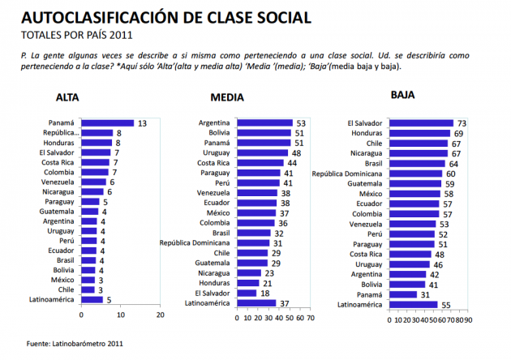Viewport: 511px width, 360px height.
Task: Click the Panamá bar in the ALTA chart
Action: click(108, 123)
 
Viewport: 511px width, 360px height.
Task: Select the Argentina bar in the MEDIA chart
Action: click(263, 123)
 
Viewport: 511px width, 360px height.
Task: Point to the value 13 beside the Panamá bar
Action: click(141, 123)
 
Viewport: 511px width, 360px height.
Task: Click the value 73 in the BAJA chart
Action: click(460, 123)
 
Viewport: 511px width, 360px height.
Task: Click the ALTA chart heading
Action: click(67, 98)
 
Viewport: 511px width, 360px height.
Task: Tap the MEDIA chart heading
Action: click(226, 98)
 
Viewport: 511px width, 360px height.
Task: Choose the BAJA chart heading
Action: click(402, 95)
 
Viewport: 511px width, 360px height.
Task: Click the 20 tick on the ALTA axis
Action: click(161, 315)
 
